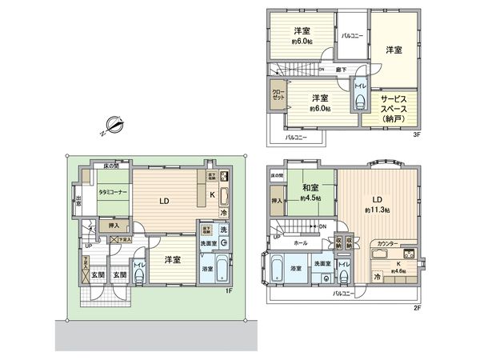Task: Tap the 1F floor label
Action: pyautogui.click(x=229, y=290)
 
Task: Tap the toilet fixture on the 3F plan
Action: pyautogui.click(x=361, y=100)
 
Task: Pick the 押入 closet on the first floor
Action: pyautogui.click(x=114, y=226)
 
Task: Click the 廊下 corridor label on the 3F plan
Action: pyautogui.click(x=341, y=70)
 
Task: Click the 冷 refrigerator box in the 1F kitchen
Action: pyautogui.click(x=223, y=214)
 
